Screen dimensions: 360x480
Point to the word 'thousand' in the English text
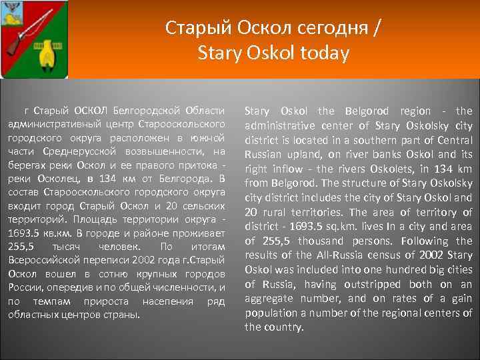click(x=322, y=241)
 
